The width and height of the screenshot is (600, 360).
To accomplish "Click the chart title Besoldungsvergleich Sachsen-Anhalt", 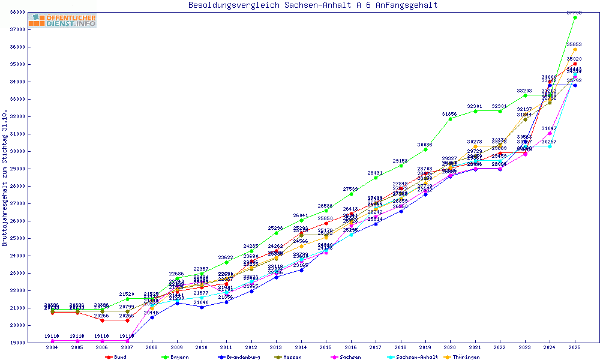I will pyautogui.click(x=313, y=5).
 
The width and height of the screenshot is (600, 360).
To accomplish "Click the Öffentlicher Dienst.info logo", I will pyautogui.click(x=62, y=21).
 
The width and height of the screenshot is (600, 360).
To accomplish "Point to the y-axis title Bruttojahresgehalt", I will pyautogui.click(x=5, y=178).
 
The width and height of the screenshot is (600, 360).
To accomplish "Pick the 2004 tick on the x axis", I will pyautogui.click(x=52, y=347).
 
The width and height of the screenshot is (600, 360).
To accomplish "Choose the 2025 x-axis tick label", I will pyautogui.click(x=575, y=347).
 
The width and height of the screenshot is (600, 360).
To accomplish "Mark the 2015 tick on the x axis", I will pyautogui.click(x=326, y=347).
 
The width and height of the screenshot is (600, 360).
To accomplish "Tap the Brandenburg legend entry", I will pyautogui.click(x=239, y=357).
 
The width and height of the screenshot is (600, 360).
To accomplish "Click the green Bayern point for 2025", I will pyautogui.click(x=575, y=18).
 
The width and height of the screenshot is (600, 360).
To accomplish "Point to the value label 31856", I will pyautogui.click(x=449, y=114).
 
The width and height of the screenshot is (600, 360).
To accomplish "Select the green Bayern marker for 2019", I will pyautogui.click(x=425, y=149).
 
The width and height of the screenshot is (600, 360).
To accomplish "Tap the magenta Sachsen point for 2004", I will pyautogui.click(x=52, y=341).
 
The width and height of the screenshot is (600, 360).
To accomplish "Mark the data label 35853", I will pyautogui.click(x=574, y=45).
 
